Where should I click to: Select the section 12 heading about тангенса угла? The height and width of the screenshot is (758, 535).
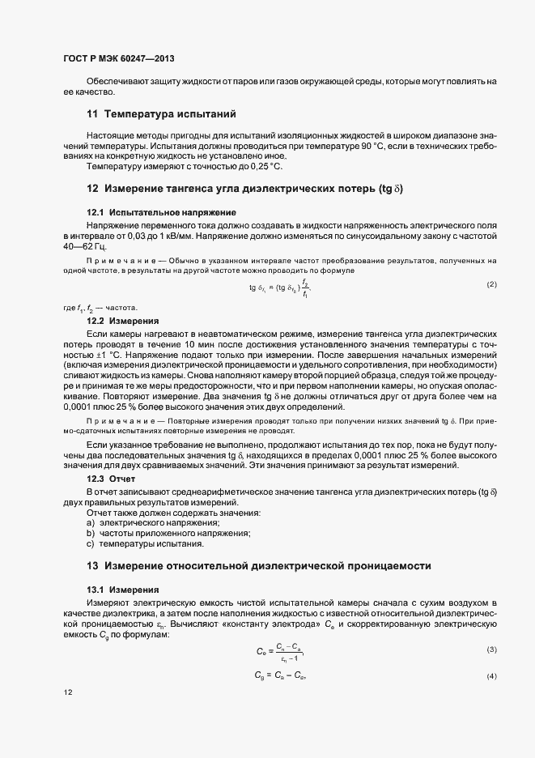[x=244, y=189]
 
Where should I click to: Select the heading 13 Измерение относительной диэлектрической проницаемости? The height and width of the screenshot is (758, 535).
[x=259, y=564]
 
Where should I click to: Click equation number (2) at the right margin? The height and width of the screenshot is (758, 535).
[x=491, y=285]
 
